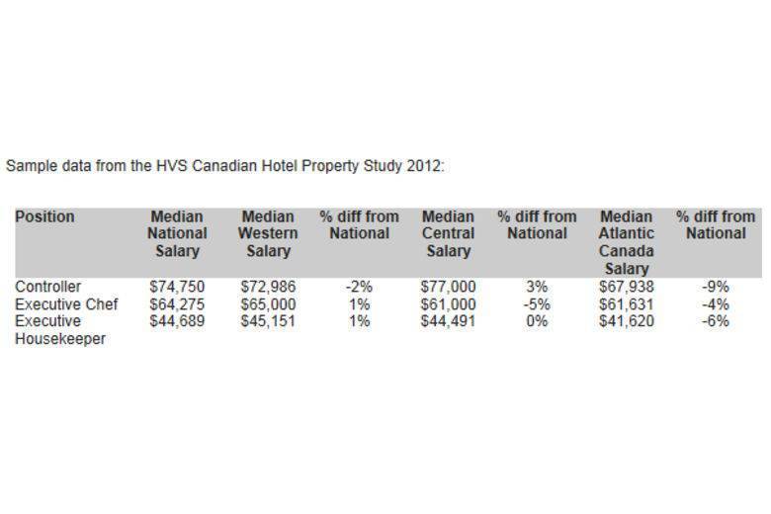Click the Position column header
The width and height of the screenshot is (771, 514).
(44, 216)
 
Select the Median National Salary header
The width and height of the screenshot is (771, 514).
(177, 233)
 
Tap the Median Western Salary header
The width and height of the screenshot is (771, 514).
(268, 233)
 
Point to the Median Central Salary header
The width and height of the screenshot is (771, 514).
(448, 233)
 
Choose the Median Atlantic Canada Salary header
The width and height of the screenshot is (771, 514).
(626, 242)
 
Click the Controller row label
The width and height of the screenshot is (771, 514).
(47, 288)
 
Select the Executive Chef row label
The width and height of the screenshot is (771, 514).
(66, 304)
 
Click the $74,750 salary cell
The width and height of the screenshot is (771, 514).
(177, 288)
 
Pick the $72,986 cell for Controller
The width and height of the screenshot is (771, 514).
(268, 288)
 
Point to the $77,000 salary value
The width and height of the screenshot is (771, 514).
(448, 288)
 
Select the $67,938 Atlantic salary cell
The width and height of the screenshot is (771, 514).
(627, 288)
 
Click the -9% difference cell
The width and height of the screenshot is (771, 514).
(715, 288)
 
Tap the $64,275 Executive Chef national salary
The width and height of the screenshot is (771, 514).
(177, 304)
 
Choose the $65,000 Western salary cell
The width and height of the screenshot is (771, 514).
(268, 304)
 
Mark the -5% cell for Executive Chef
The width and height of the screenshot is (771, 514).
(537, 304)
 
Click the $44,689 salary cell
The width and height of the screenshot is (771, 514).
(177, 321)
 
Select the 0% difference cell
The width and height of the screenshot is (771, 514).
(537, 321)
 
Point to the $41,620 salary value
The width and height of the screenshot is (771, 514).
(627, 321)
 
